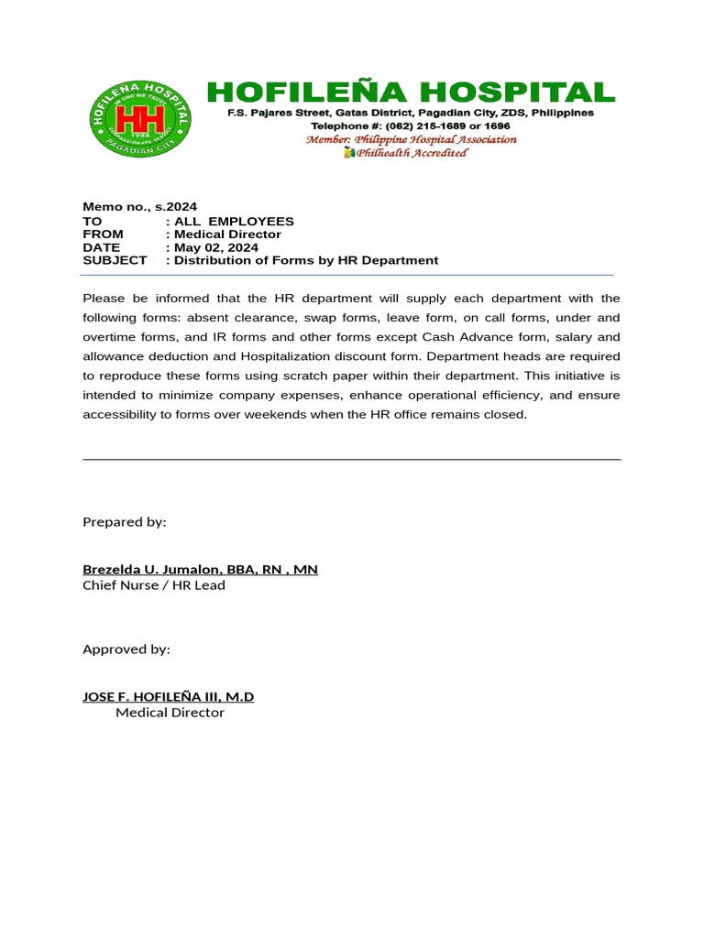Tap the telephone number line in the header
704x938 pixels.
pyautogui.click(x=410, y=125)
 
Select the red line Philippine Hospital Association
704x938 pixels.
pyautogui.click(x=411, y=139)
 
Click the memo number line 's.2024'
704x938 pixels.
pyautogui.click(x=139, y=207)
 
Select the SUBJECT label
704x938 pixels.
pyautogui.click(x=115, y=260)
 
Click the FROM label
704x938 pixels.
pyautogui.click(x=103, y=234)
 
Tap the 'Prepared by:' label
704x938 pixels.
pyautogui.click(x=125, y=521)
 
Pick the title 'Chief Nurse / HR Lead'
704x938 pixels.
pyautogui.click(x=154, y=585)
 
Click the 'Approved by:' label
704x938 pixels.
pyautogui.click(x=126, y=649)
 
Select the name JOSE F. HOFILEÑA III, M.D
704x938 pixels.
pyautogui.click(x=169, y=697)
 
